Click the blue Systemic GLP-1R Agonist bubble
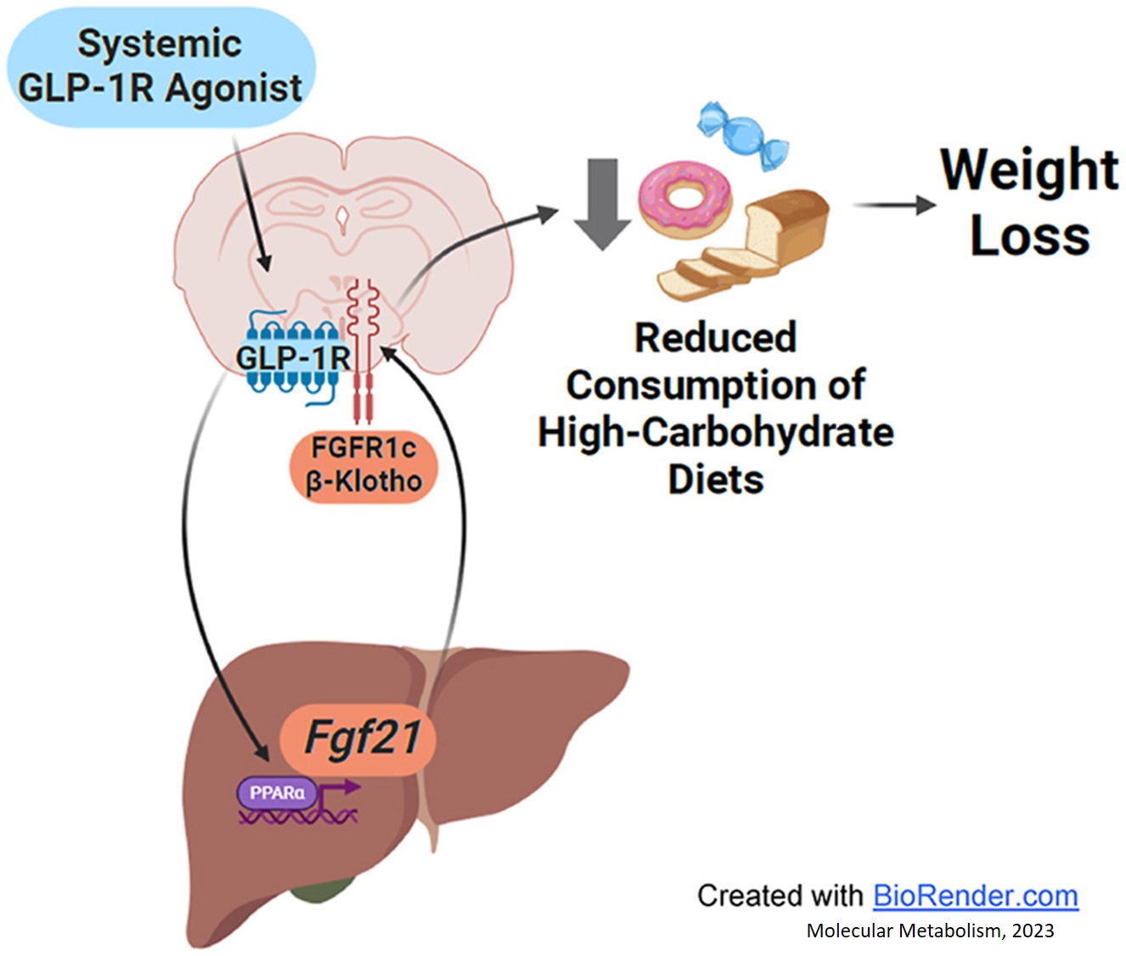160,67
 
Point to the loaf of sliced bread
744,245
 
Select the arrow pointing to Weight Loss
894,205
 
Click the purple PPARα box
278,793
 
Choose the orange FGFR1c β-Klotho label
364,466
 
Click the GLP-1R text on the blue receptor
293,358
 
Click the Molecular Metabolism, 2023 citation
930,931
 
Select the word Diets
716,480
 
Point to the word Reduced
716,338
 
